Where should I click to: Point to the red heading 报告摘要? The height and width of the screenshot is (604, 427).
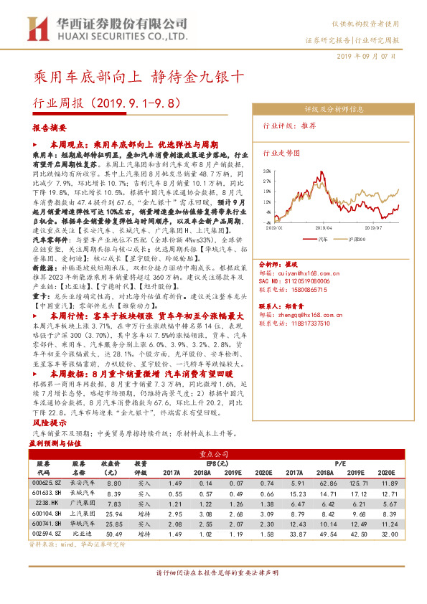50,127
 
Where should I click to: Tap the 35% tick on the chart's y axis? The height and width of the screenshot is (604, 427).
267,172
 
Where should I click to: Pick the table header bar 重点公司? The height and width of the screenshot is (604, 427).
213,454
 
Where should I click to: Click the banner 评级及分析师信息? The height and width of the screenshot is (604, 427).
334,110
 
